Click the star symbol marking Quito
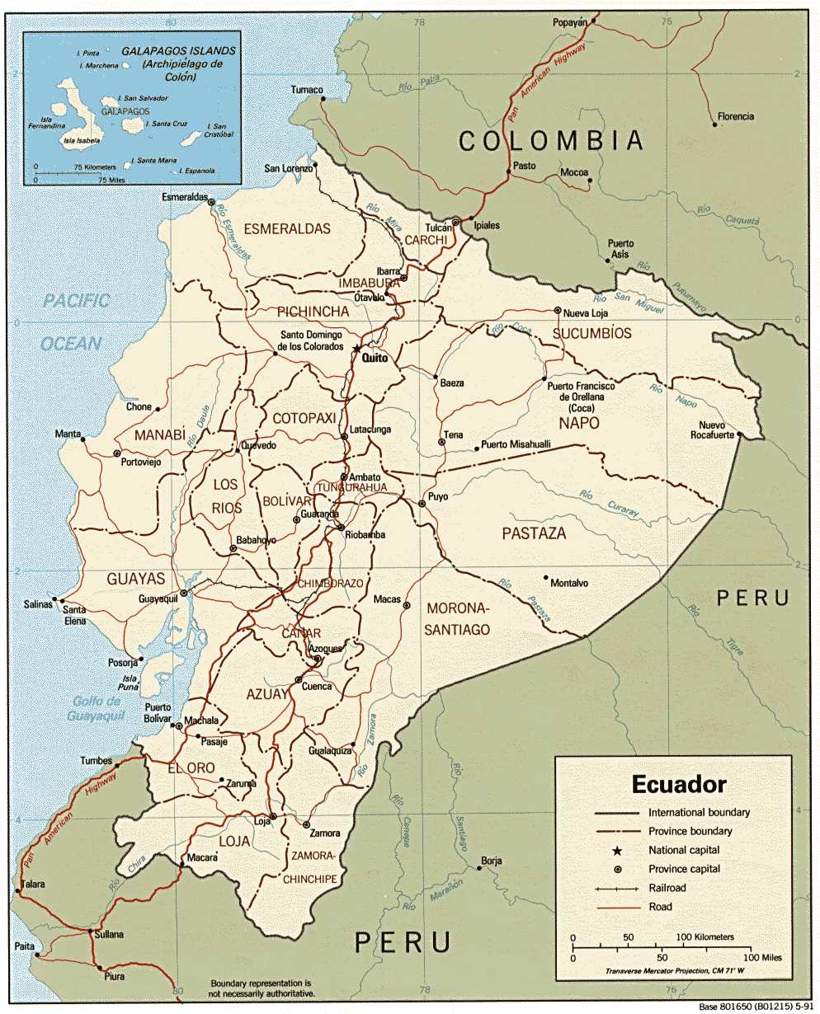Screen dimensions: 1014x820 pyautogui.click(x=356, y=349)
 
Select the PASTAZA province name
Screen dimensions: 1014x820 pyautogui.click(x=534, y=533)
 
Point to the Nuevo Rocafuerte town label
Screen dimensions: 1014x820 pyautogui.click(x=711, y=430)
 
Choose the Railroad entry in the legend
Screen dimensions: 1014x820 pyautogui.click(x=667, y=888)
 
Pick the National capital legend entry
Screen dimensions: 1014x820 pyautogui.click(x=684, y=850)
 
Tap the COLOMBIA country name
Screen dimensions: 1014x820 pyautogui.click(x=551, y=140)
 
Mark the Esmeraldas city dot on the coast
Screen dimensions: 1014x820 pyautogui.click(x=211, y=202)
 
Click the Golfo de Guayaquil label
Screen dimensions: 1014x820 pyautogui.click(x=96, y=708)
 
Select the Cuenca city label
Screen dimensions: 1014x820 pyautogui.click(x=318, y=686)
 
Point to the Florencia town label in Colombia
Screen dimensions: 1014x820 pyautogui.click(x=735, y=116)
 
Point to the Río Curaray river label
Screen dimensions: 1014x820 pyautogui.click(x=609, y=504)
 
